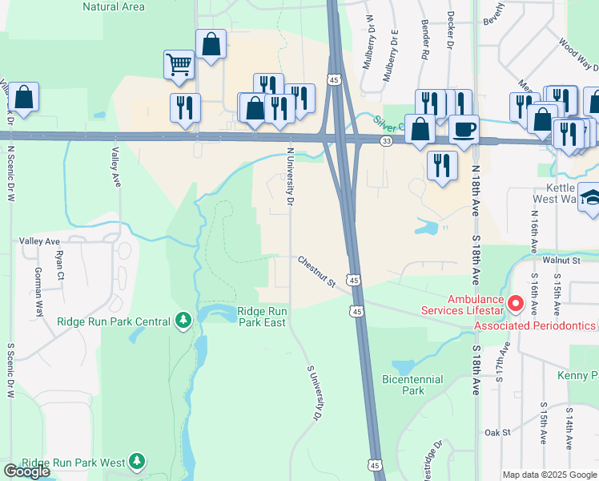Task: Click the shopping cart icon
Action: click(179, 63)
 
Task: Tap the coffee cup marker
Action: click(463, 127)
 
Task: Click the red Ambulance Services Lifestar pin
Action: click(515, 305)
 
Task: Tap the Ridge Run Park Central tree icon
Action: click(184, 321)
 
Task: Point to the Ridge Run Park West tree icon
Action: click(138, 461)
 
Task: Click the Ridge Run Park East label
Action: click(261, 317)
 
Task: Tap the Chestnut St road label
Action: click(316, 272)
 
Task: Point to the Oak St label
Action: click(497, 432)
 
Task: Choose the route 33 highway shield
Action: click(386, 141)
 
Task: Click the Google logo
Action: click(26, 471)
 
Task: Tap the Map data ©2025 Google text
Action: click(549, 475)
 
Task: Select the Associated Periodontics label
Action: click(535, 325)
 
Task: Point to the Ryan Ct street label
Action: click(59, 264)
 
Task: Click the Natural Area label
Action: click(114, 6)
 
